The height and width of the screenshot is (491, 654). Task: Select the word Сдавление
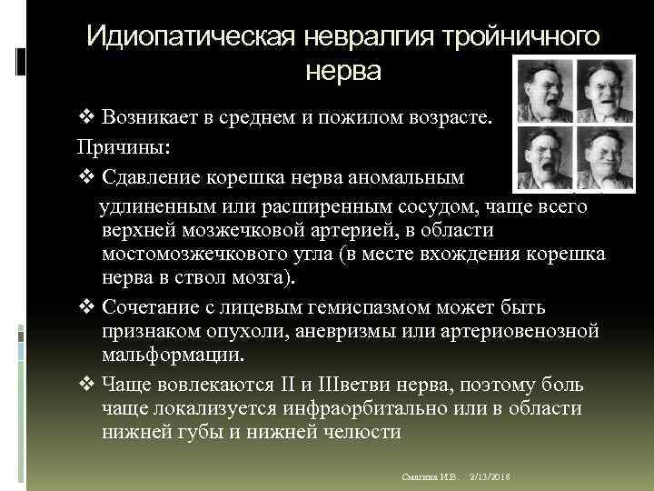pos(152,176)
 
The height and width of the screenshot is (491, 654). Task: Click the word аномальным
pos(399,176)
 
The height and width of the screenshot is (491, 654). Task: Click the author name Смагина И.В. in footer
pos(431,477)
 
